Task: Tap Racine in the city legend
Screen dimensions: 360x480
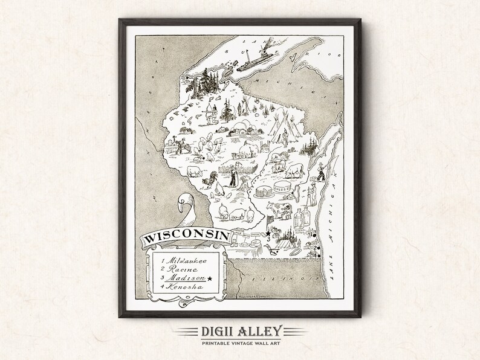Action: pyautogui.click(x=178, y=269)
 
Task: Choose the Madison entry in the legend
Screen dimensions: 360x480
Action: pyautogui.click(x=184, y=279)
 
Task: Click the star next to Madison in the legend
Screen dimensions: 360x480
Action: pyautogui.click(x=209, y=279)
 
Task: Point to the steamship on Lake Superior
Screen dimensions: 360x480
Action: pyautogui.click(x=260, y=60)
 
